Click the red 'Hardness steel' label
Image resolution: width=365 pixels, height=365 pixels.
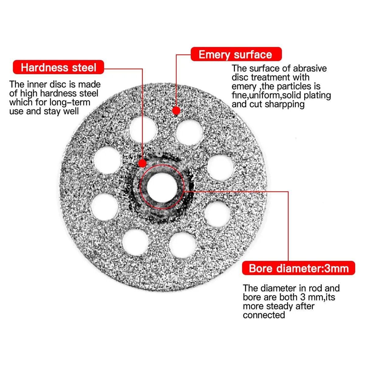point(58,67)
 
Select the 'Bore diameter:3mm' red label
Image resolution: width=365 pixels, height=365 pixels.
point(298,269)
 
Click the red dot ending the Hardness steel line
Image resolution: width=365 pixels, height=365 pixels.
point(142,163)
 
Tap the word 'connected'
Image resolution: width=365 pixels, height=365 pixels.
point(264,315)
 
